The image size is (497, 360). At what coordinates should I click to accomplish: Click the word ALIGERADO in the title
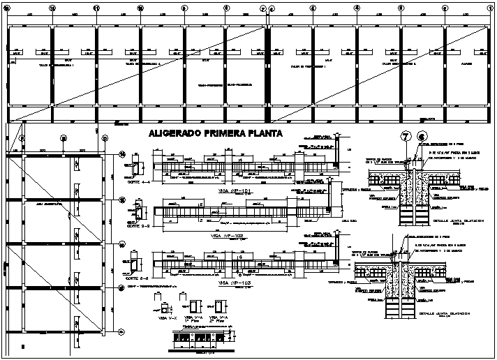[174, 135]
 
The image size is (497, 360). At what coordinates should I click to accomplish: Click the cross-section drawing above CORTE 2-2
[137, 213]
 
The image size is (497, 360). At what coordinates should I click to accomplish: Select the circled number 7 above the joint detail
[405, 137]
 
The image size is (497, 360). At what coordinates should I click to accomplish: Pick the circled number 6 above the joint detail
[421, 137]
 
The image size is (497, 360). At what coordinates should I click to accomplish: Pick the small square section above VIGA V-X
[165, 306]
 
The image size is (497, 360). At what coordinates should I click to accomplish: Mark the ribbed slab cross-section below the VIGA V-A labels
[205, 340]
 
